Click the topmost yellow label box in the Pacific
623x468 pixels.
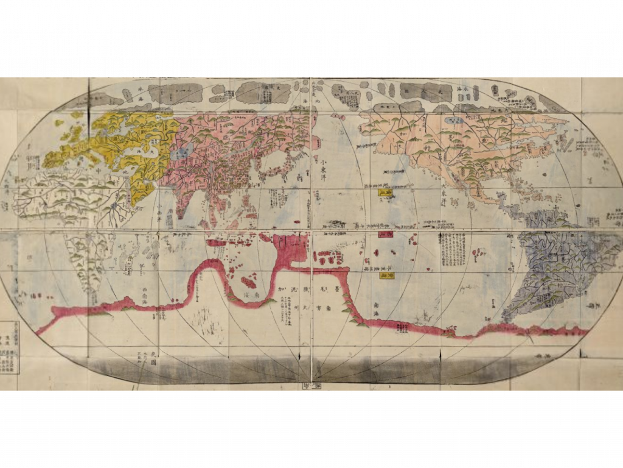[x=386, y=193]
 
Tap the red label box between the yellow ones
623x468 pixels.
[x=386, y=234]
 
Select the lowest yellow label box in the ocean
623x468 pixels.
[x=386, y=275]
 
